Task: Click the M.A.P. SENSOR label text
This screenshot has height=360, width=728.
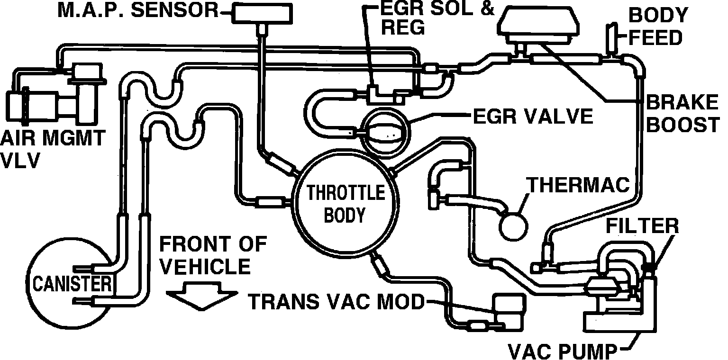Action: pyautogui.click(x=138, y=10)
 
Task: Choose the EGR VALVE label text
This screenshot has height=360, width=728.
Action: pyautogui.click(x=533, y=116)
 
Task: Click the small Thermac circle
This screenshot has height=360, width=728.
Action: pyautogui.click(x=513, y=225)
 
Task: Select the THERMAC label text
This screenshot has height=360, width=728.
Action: pyautogui.click(x=578, y=185)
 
